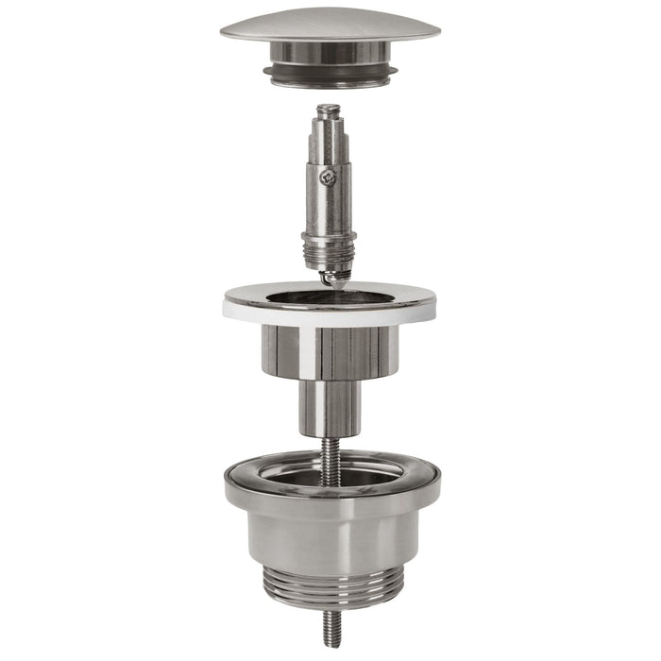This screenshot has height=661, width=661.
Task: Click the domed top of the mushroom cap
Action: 330,22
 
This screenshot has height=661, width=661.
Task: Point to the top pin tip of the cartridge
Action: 328,111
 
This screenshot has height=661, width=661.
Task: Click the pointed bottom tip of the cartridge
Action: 330,280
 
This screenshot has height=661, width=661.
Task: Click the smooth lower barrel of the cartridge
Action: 328,212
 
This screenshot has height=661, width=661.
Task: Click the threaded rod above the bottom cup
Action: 329,458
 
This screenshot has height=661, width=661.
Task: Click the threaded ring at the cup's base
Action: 330,594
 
